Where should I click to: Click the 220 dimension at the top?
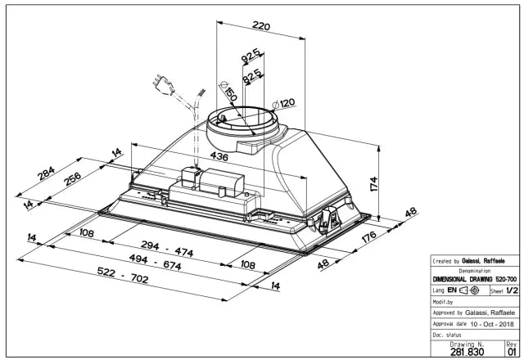click(x=260, y=26)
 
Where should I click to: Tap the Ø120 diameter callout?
click(x=283, y=103)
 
